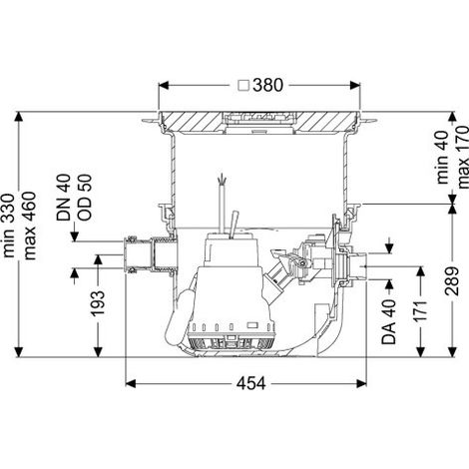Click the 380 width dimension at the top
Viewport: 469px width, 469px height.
coord(267,85)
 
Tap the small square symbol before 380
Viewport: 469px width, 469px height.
coord(244,85)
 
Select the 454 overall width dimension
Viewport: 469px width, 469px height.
coord(251,383)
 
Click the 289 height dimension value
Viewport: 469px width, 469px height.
coord(452,280)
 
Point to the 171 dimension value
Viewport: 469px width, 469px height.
coord(420,310)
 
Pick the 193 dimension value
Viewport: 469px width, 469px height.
coord(98,302)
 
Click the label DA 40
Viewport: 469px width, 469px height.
coord(389,321)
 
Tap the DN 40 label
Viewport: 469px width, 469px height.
coord(64,198)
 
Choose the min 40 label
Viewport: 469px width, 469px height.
coord(443,159)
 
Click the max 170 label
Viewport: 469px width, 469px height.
coord(463,158)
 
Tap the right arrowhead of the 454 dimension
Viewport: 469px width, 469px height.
coord(361,383)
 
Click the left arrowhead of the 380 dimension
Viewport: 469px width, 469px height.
coord(164,85)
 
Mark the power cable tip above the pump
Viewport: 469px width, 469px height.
coord(221,180)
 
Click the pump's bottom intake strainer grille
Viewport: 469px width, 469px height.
coord(232,343)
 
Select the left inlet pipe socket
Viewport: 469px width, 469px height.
coord(149,254)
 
